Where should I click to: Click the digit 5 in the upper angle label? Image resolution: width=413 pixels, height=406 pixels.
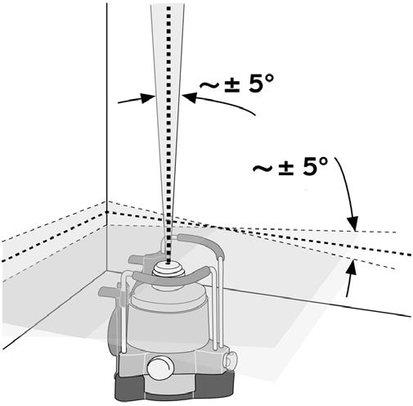254,83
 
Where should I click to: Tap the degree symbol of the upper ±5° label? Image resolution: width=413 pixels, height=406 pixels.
268,79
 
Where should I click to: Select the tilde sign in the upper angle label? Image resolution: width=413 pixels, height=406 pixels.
210,85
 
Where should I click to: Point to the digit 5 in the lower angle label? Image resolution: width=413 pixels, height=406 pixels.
309,165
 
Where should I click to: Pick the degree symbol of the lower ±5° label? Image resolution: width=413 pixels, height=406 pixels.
322,160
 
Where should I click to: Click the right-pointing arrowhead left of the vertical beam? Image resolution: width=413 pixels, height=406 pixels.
148,97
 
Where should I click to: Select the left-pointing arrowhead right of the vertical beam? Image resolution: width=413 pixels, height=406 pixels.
190,97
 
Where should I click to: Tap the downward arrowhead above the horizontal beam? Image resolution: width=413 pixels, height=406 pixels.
353,223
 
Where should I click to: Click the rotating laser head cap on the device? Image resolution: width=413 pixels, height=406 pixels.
168,268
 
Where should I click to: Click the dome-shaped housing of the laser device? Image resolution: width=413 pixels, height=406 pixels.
168,318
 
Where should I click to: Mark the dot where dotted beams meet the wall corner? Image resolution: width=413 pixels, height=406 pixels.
107,212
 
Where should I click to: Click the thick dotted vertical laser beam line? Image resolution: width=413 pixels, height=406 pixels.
168,133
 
